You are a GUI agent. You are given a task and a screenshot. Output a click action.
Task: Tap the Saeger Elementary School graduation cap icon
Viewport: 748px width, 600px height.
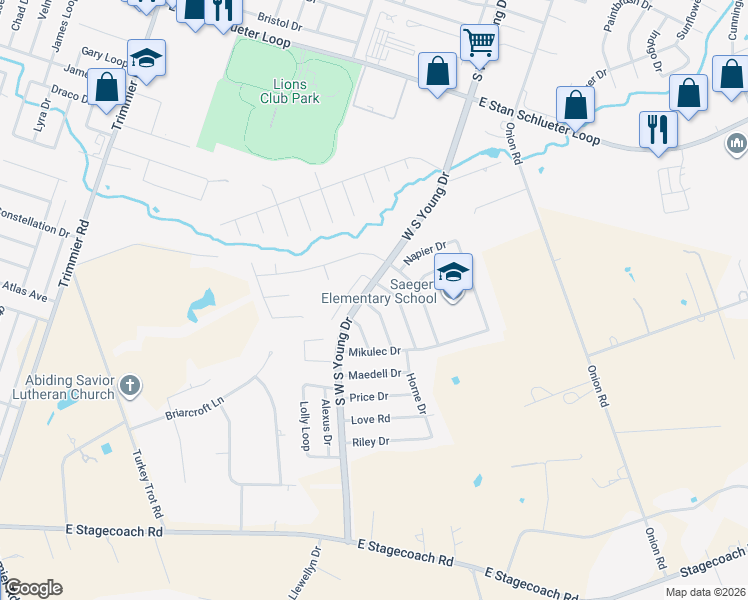(453, 273)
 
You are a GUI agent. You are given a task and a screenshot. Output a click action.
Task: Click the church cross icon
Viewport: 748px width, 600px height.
(129, 385)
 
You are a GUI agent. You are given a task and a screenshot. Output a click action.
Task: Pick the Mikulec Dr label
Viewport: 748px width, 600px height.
(374, 352)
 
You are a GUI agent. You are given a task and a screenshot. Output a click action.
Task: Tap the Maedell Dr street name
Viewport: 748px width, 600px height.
(375, 374)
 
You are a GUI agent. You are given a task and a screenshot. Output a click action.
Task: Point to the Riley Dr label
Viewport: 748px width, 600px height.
(370, 441)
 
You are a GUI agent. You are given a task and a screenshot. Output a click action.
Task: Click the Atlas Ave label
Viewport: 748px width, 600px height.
(24, 296)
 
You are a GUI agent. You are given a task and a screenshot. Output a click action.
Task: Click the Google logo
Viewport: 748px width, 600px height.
(32, 588)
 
